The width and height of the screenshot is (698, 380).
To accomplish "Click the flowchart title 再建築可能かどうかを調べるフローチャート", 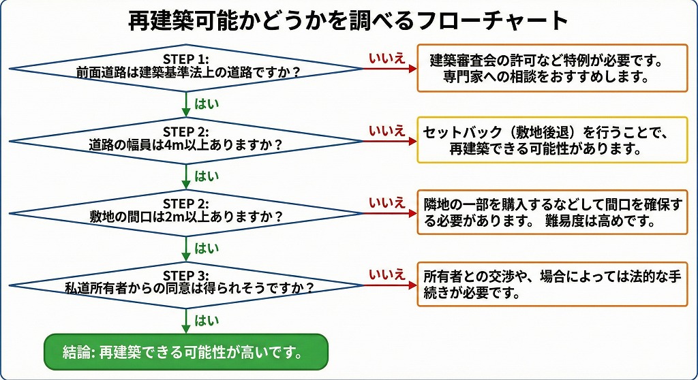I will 348,20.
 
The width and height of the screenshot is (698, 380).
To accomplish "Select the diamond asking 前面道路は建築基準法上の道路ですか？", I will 186,68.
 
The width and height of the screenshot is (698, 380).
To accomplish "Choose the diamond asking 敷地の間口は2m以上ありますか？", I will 186,212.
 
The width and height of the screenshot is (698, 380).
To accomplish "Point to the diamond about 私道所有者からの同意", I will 186,285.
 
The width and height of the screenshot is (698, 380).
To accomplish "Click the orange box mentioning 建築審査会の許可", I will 552,68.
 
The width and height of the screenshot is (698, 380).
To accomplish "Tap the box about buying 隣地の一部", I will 552,213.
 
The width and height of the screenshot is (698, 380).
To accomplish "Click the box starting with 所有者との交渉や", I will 552,285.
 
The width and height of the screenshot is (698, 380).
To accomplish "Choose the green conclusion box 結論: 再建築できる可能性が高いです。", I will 186,353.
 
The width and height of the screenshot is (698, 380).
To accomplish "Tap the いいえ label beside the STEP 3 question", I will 386,274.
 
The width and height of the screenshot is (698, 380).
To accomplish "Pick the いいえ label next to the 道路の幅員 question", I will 386,130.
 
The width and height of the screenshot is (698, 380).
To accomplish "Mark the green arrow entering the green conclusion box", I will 186,321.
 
